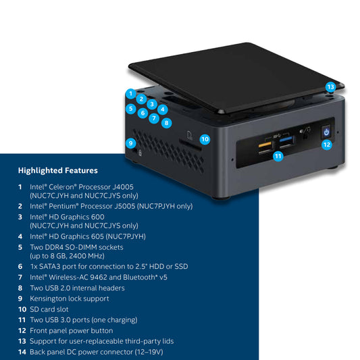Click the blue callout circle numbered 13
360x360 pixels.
(330, 87)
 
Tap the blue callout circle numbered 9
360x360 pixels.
(131, 143)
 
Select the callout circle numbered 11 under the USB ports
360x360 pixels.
(278, 155)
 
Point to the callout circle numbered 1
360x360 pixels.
(130, 93)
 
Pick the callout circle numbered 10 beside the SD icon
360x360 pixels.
(205, 138)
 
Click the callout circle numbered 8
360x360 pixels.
(167, 123)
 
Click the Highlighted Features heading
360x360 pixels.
(57, 171)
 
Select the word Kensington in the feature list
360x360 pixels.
(49, 298)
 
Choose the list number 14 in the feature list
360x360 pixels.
(22, 352)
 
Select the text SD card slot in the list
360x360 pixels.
(52, 309)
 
